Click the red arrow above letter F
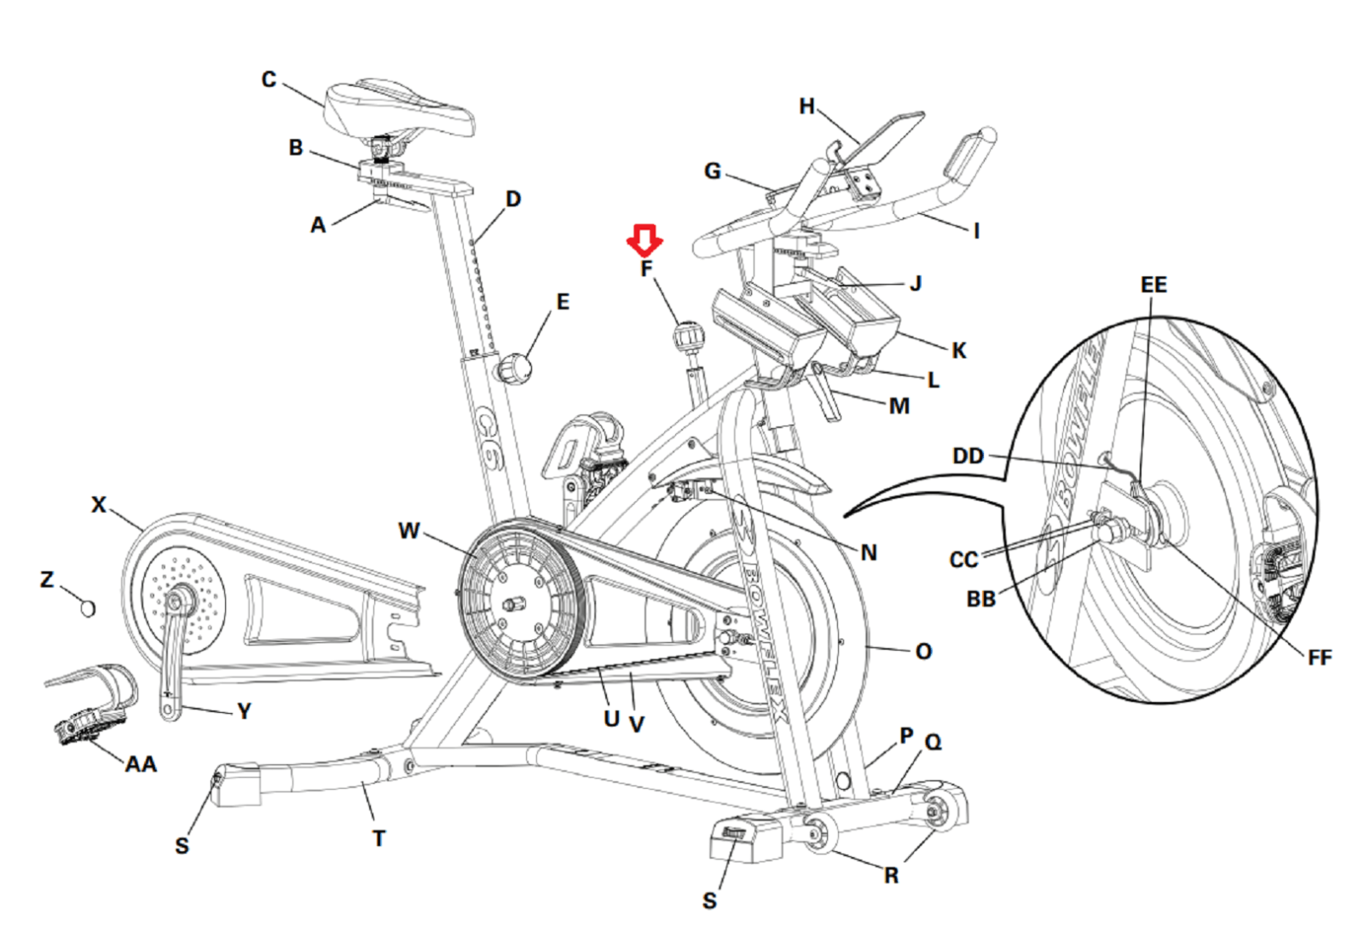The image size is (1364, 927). coord(644,240)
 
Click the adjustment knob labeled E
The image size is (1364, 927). coord(515,369)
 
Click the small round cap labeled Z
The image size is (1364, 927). coord(87,608)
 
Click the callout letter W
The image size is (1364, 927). coord(408,530)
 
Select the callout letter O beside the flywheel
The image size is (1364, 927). coord(923,652)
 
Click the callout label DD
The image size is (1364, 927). coord(968,456)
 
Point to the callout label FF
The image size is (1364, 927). coord(1319,658)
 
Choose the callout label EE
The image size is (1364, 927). coord(1153,285)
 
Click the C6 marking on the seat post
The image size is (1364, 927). coord(488,439)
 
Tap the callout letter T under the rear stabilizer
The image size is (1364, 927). coord(379,838)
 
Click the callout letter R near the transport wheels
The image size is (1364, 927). coord(891,876)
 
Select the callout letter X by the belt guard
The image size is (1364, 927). coord(99,505)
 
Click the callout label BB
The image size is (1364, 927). coord(980,600)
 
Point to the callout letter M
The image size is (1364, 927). coord(899,406)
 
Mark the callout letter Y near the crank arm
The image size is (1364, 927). coord(244,711)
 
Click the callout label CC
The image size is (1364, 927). coord(963,560)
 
